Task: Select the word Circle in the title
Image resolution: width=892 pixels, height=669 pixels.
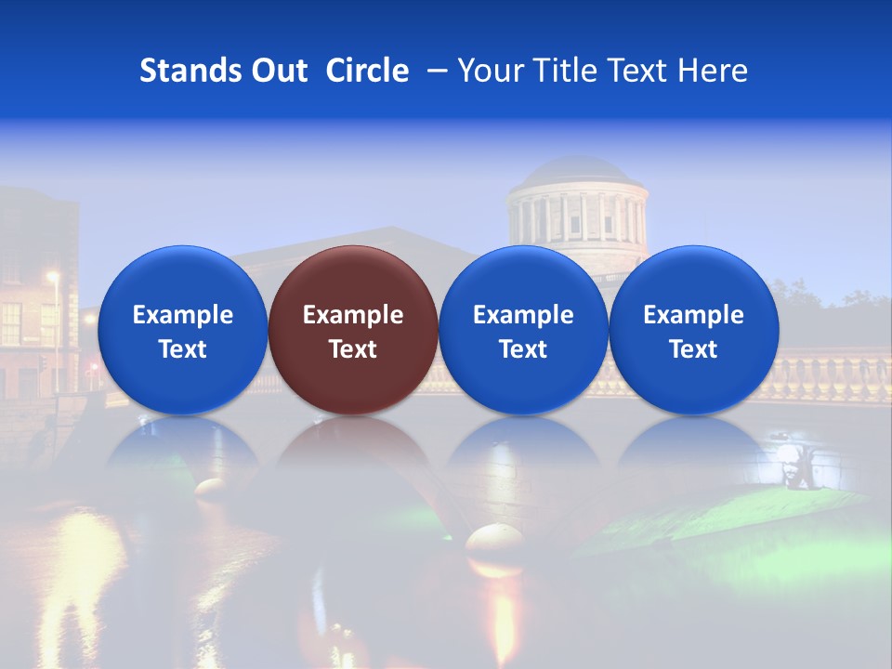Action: click(367, 71)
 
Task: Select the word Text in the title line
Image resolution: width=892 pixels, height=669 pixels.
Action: click(642, 71)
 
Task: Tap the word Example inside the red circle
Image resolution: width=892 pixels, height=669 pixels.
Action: click(353, 315)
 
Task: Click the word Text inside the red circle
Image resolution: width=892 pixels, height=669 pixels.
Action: click(353, 349)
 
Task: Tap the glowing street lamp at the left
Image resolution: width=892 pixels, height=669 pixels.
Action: click(53, 276)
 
